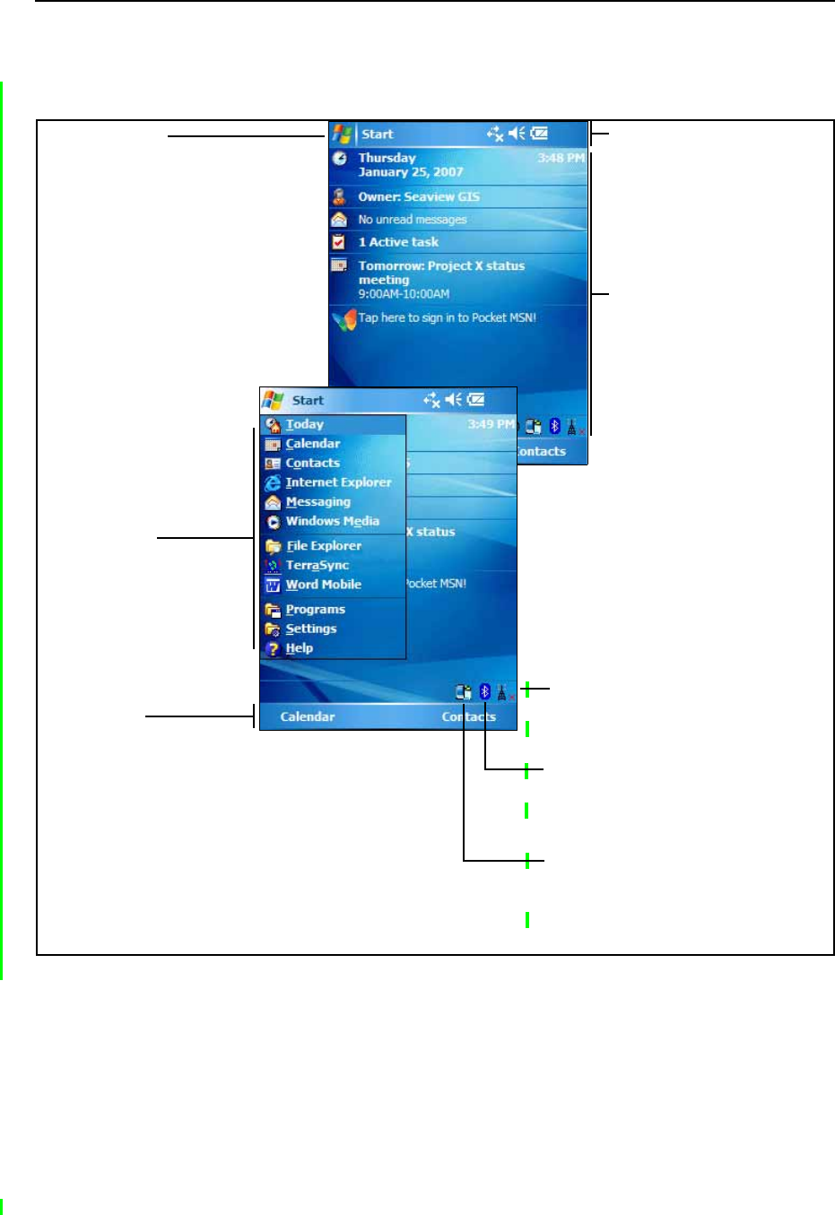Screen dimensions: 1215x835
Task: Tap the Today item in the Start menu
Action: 304,424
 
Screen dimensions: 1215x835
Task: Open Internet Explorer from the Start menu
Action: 338,482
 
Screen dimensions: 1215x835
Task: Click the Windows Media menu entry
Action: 332,521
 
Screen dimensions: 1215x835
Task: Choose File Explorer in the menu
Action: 323,545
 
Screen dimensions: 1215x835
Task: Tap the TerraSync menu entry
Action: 317,565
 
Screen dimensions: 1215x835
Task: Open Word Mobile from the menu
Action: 323,585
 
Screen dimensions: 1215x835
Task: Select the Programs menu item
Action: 315,610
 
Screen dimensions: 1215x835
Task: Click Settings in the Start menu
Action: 310,629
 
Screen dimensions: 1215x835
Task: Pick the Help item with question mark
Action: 299,648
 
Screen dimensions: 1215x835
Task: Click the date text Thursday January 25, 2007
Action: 410,165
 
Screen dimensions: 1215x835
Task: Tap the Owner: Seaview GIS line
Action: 418,197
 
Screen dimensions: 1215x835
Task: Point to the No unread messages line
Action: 412,220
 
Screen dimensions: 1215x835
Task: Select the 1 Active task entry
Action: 398,242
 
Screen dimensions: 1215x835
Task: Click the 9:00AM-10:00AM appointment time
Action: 404,294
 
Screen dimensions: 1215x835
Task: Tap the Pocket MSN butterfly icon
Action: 344,319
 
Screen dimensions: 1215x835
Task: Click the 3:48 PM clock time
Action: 561,158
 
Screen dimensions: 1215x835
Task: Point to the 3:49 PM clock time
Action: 491,424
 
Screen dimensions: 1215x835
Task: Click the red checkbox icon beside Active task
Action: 339,242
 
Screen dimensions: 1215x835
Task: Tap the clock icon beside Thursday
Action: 340,159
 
